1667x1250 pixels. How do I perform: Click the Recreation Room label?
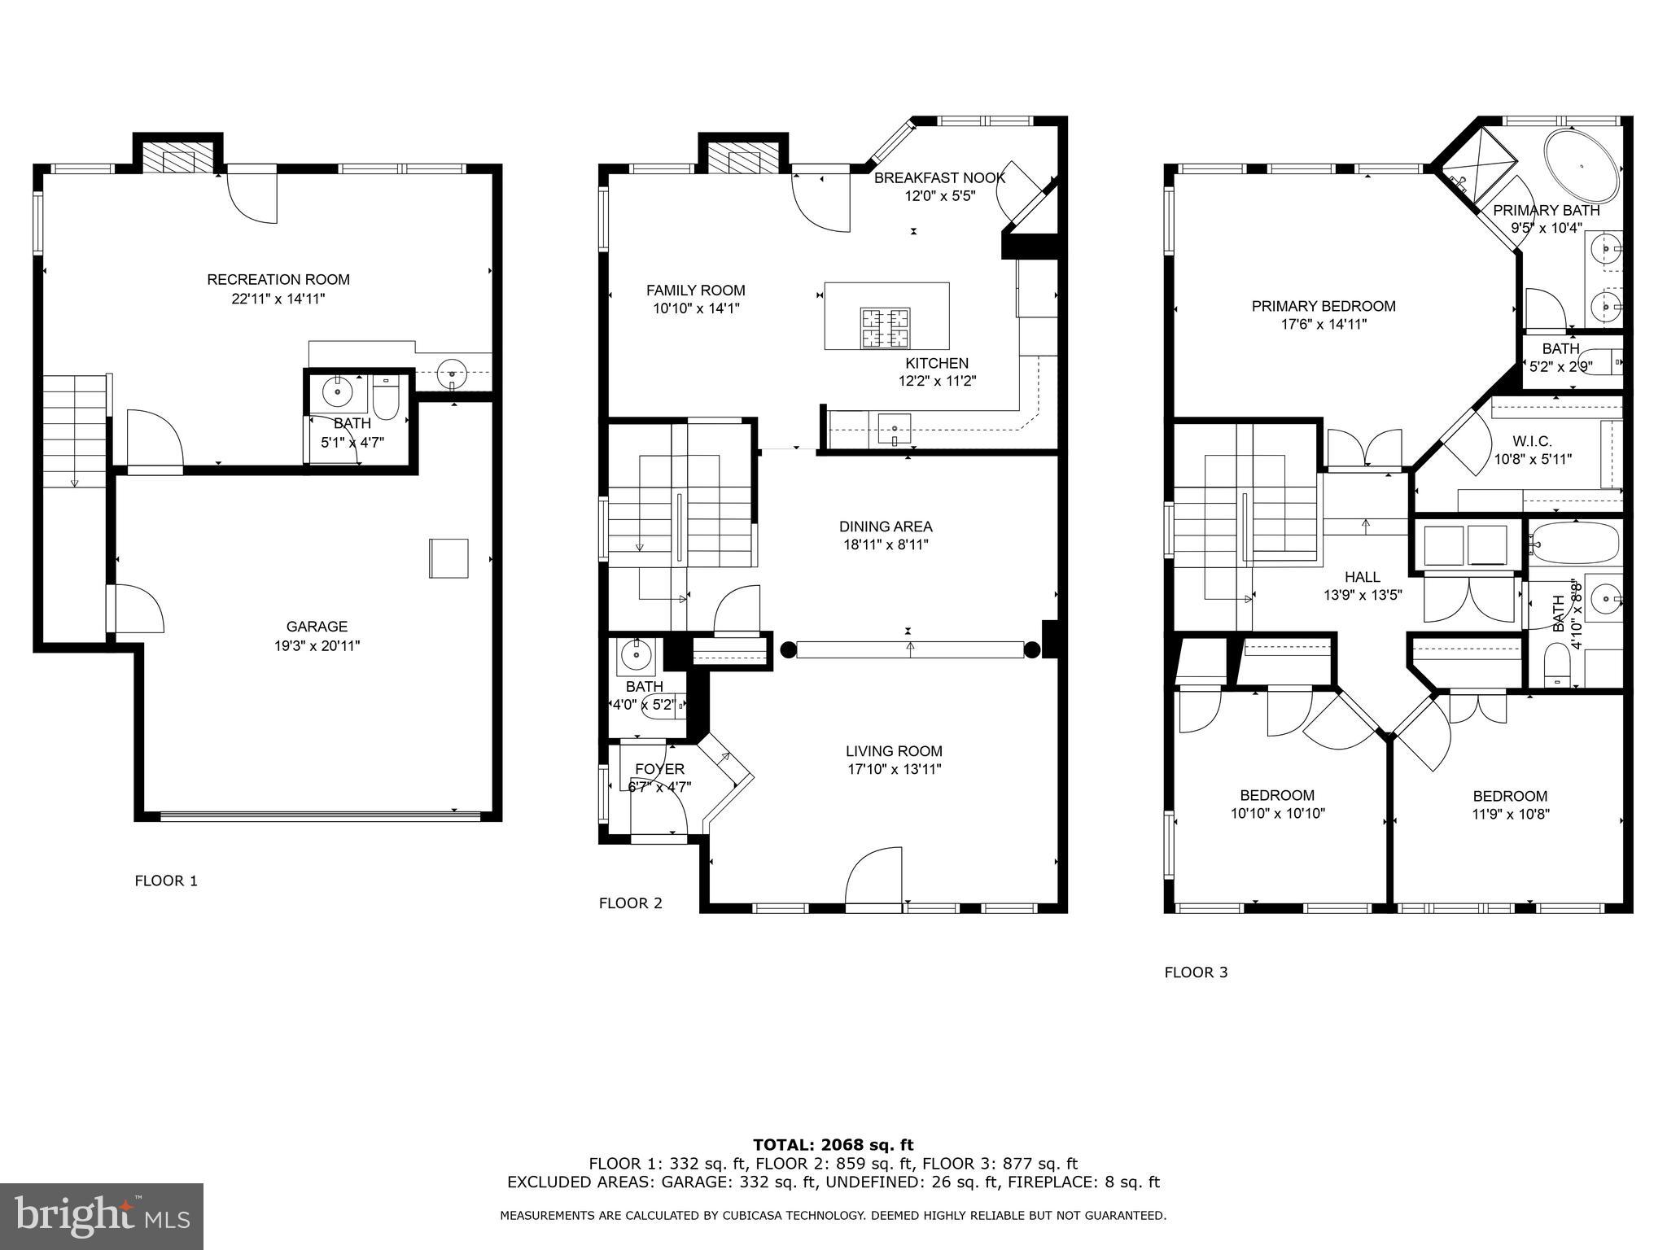pyautogui.click(x=278, y=280)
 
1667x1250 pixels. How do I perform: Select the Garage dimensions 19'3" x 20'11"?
pyautogui.click(x=317, y=646)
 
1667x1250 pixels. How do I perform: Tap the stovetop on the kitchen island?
pyautogui.click(x=886, y=328)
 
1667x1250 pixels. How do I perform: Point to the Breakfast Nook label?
pyautogui.click(x=939, y=177)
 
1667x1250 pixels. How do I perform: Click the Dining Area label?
pyautogui.click(x=886, y=527)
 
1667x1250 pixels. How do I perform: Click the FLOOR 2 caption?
pyautogui.click(x=630, y=903)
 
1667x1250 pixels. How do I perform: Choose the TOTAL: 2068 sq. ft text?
pyautogui.click(x=833, y=1145)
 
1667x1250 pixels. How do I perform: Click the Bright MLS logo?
pyautogui.click(x=102, y=1217)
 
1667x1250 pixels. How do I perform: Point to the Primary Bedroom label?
pyautogui.click(x=1323, y=306)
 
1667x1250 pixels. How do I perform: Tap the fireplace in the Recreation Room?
pyautogui.click(x=178, y=160)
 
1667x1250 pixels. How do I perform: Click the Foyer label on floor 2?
pyautogui.click(x=659, y=769)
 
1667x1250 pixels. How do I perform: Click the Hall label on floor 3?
pyautogui.click(x=1362, y=577)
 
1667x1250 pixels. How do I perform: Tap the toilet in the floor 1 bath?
pyautogui.click(x=386, y=400)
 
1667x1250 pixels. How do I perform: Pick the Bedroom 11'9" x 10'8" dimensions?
pyautogui.click(x=1510, y=814)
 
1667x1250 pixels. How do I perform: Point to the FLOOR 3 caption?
pyautogui.click(x=1196, y=972)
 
